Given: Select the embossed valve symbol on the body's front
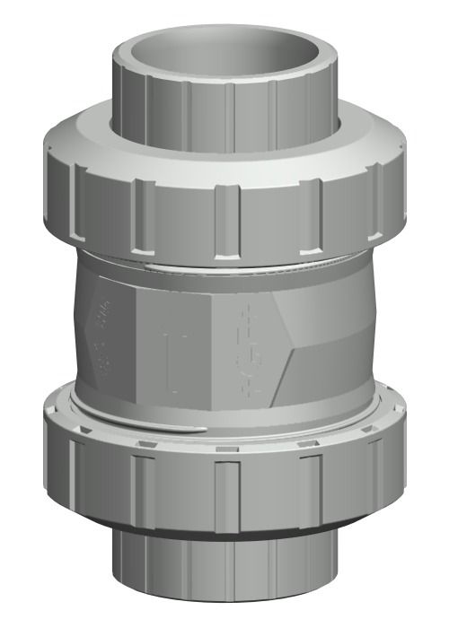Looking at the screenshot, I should click(x=244, y=350).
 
